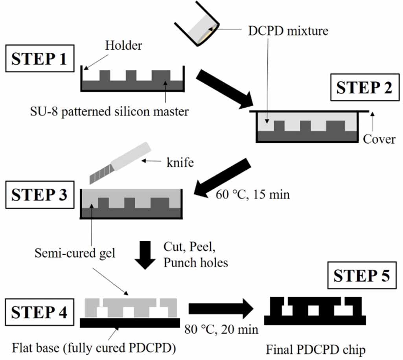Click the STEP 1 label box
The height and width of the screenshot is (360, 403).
[39, 59]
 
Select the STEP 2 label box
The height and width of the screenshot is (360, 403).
[364, 88]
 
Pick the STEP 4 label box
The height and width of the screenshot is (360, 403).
[39, 313]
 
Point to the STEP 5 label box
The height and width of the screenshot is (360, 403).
[362, 276]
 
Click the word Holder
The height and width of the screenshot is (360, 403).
[123, 46]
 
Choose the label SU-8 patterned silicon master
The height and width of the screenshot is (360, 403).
[110, 111]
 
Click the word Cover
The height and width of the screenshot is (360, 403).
[379, 139]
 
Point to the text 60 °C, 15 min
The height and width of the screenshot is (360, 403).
[252, 194]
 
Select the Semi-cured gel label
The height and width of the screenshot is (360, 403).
[75, 253]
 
